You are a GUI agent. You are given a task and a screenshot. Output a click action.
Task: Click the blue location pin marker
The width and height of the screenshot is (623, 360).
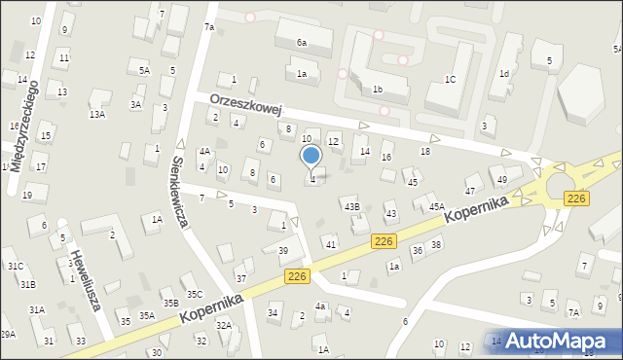coord(311,156)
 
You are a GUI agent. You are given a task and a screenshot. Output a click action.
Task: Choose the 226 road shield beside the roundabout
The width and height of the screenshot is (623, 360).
coord(576,198)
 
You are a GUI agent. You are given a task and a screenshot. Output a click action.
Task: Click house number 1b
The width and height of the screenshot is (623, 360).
coord(377,90)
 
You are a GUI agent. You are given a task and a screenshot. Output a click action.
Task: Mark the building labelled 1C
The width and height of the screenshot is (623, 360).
coord(450,80)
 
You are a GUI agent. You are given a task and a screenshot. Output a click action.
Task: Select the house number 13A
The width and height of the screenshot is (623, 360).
coord(97,114)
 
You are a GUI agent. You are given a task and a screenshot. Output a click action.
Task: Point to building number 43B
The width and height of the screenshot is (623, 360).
coord(351,206)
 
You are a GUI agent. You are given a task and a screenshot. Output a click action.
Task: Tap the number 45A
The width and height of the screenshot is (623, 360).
coord(437,206)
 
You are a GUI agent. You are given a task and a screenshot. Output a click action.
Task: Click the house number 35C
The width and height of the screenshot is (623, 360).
coord(195,294)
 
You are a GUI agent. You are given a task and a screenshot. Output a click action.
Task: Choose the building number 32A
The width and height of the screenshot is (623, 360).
coord(224,325)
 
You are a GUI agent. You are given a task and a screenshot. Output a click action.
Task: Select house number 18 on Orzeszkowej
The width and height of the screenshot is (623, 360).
coord(424,151)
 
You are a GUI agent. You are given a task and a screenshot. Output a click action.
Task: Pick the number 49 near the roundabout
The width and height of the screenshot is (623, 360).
coord(502,180)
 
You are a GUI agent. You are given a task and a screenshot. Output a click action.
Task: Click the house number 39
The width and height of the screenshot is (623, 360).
coord(283,251)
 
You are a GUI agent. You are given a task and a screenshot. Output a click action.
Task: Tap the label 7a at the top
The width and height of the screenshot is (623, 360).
coord(208,27)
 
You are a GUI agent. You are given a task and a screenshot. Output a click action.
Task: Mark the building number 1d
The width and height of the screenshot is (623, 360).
coord(504,74)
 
